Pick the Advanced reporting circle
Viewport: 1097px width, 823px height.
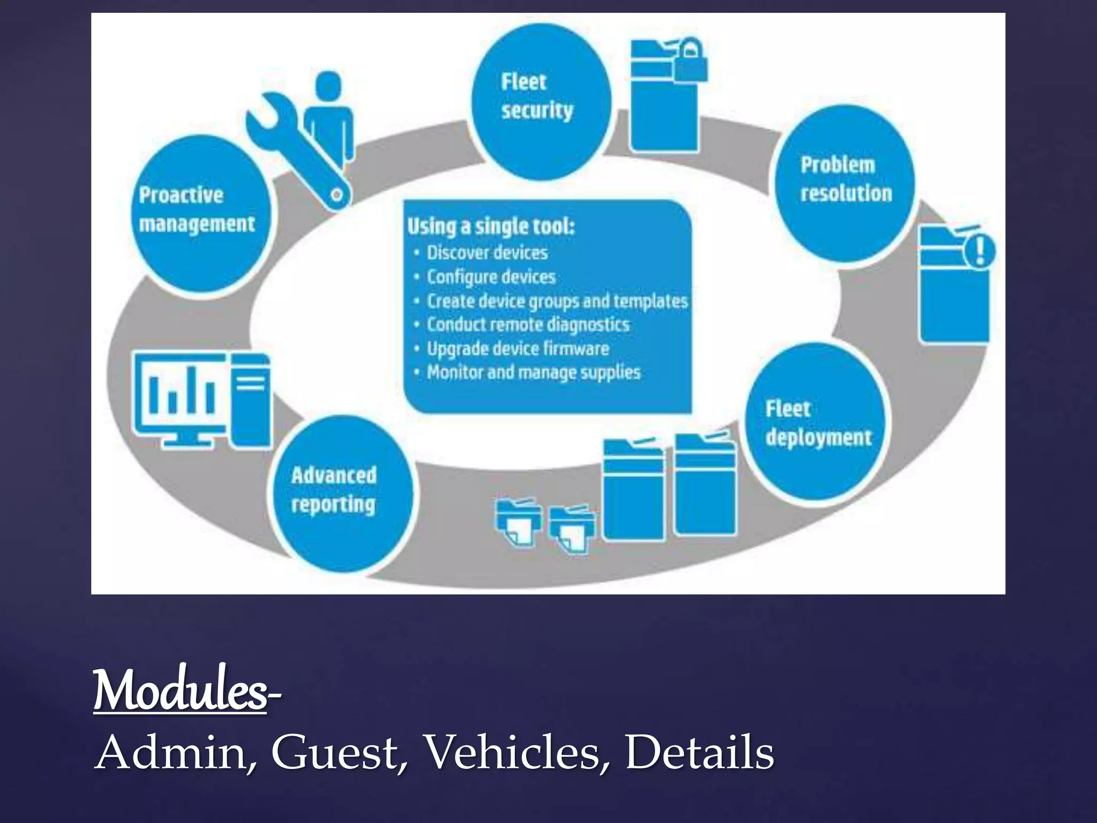pos(343,493)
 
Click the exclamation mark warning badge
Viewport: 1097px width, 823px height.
pos(980,250)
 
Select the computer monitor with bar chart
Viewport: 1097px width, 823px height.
pos(179,396)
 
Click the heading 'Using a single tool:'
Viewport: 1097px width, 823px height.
pos(491,226)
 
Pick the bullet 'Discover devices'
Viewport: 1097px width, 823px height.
pos(486,253)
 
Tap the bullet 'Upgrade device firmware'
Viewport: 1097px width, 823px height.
pos(517,349)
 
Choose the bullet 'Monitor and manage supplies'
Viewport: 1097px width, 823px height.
pos(533,372)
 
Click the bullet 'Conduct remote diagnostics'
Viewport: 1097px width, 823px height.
pos(528,325)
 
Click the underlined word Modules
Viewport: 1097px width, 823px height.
pos(179,691)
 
